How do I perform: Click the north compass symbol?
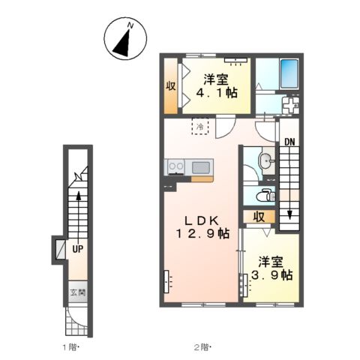coord(125,38)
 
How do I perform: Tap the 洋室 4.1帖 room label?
coord(216,86)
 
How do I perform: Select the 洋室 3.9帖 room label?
coord(271,268)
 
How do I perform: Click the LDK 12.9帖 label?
coord(202,227)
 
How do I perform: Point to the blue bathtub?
coord(289,73)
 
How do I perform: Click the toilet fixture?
coord(266,196)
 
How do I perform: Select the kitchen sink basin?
coord(201,167)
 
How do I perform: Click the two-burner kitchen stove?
coord(176,166)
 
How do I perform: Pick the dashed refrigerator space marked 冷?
coord(200,127)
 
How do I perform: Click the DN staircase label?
coord(289,142)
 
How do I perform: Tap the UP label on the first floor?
coord(78,249)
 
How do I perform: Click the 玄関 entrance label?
coord(78,292)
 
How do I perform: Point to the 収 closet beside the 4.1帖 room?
coord(171,86)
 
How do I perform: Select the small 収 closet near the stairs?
coord(259,217)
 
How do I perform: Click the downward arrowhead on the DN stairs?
coord(289,215)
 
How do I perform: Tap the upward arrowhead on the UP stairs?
coord(79,196)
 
